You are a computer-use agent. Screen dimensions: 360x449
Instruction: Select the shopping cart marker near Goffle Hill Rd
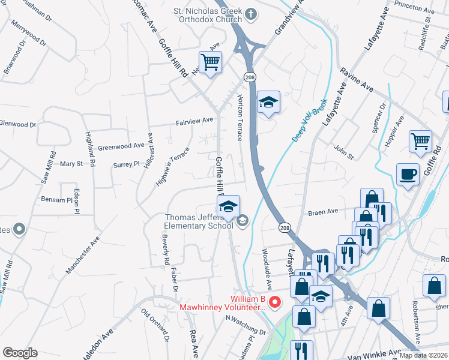tap(210, 62)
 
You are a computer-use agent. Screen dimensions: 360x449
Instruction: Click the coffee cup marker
tap(408, 175)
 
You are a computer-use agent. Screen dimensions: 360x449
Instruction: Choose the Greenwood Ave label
tap(121, 146)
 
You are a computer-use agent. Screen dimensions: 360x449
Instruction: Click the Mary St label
tap(71, 163)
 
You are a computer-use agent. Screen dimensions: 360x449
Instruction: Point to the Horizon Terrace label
tap(240, 117)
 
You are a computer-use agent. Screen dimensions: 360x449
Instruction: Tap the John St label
tap(343, 151)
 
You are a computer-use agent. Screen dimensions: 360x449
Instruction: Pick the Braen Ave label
tap(324, 212)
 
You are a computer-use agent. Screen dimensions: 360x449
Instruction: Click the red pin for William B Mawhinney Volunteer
tap(275, 301)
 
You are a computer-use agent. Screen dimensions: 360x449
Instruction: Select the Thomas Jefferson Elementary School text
tap(199, 221)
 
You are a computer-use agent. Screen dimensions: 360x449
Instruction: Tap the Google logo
tap(20, 353)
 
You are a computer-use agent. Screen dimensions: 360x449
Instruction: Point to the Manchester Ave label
tap(82, 259)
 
